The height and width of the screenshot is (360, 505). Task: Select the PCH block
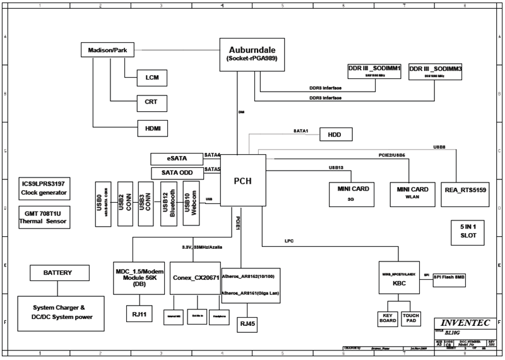coord(242,181)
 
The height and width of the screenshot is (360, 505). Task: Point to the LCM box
coord(152,78)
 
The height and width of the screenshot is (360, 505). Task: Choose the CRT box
coord(152,102)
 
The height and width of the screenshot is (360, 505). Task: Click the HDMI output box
coord(152,128)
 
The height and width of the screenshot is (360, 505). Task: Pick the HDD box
coord(336,135)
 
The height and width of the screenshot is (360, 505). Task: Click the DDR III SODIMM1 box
coord(374,71)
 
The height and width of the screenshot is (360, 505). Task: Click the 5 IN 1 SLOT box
coord(468,231)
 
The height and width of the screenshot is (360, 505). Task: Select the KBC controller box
coord(400,278)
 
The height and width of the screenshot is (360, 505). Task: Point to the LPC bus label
coord(289,241)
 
